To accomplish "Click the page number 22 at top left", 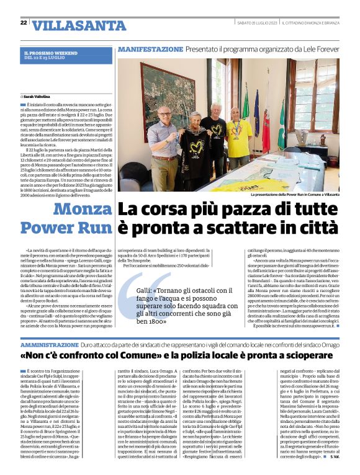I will tap(24, 23).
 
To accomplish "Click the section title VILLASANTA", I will tap(71, 25).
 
